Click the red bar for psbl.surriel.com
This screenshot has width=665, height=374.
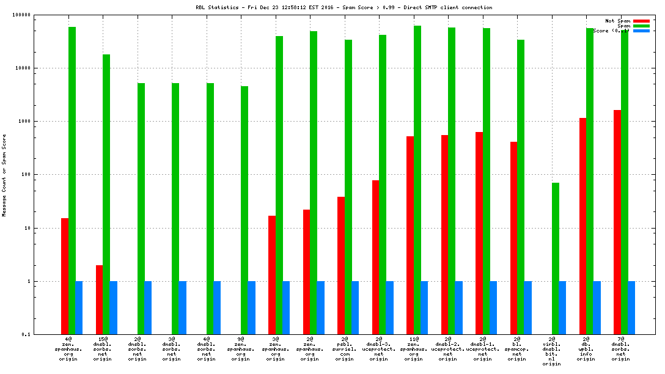(x=341, y=265)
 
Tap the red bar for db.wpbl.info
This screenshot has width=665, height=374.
(x=582, y=226)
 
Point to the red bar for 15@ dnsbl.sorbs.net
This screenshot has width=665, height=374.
(x=99, y=299)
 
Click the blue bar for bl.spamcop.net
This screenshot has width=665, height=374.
(x=528, y=307)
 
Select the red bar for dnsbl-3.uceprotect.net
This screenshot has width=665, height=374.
(x=375, y=257)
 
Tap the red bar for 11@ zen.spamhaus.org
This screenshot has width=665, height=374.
(x=410, y=235)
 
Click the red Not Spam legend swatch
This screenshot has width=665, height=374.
(x=641, y=21)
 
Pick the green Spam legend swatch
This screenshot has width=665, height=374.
(x=641, y=26)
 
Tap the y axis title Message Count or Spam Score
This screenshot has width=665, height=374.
(x=5, y=175)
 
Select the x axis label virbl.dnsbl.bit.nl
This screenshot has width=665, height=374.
(x=552, y=351)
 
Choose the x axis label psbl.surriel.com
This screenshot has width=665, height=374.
(x=345, y=348)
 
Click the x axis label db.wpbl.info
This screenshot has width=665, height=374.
(x=586, y=348)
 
